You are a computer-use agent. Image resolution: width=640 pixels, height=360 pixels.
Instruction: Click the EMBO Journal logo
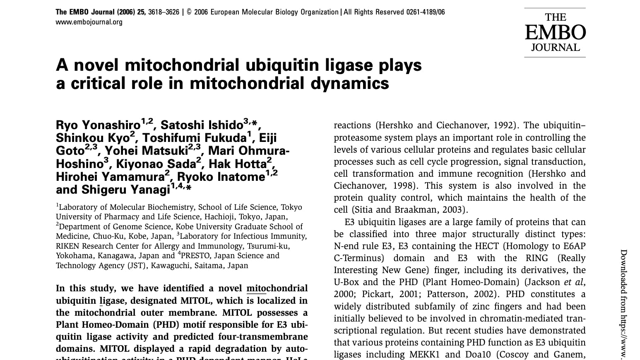[555, 32]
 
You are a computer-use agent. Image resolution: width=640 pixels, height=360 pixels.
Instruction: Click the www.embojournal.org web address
[89, 22]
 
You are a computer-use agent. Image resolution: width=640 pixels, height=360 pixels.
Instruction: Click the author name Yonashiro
[111, 125]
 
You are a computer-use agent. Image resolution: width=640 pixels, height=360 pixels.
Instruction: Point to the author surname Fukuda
[221, 138]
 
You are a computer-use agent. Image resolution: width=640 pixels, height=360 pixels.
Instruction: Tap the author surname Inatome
[241, 177]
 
